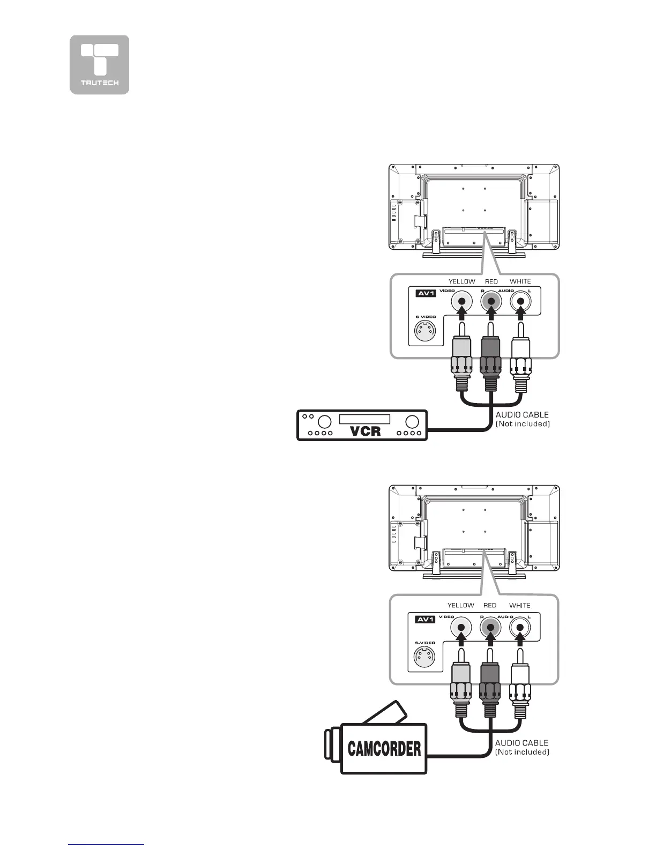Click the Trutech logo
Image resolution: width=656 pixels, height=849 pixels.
99,65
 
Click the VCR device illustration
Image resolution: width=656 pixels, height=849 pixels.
362,425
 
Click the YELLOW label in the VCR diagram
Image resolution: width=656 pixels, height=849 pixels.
461,281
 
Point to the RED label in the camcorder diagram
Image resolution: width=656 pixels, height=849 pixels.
490,605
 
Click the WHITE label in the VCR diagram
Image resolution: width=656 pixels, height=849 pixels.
520,281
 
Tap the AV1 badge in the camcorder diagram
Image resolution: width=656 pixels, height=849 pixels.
425,620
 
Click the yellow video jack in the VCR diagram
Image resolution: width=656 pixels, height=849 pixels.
461,301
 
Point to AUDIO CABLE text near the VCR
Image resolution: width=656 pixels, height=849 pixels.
522,414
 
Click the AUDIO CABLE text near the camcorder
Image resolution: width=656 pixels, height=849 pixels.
521,743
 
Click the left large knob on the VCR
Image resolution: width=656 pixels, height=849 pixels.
326,421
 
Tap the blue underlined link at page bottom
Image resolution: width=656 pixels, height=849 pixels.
106,845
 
